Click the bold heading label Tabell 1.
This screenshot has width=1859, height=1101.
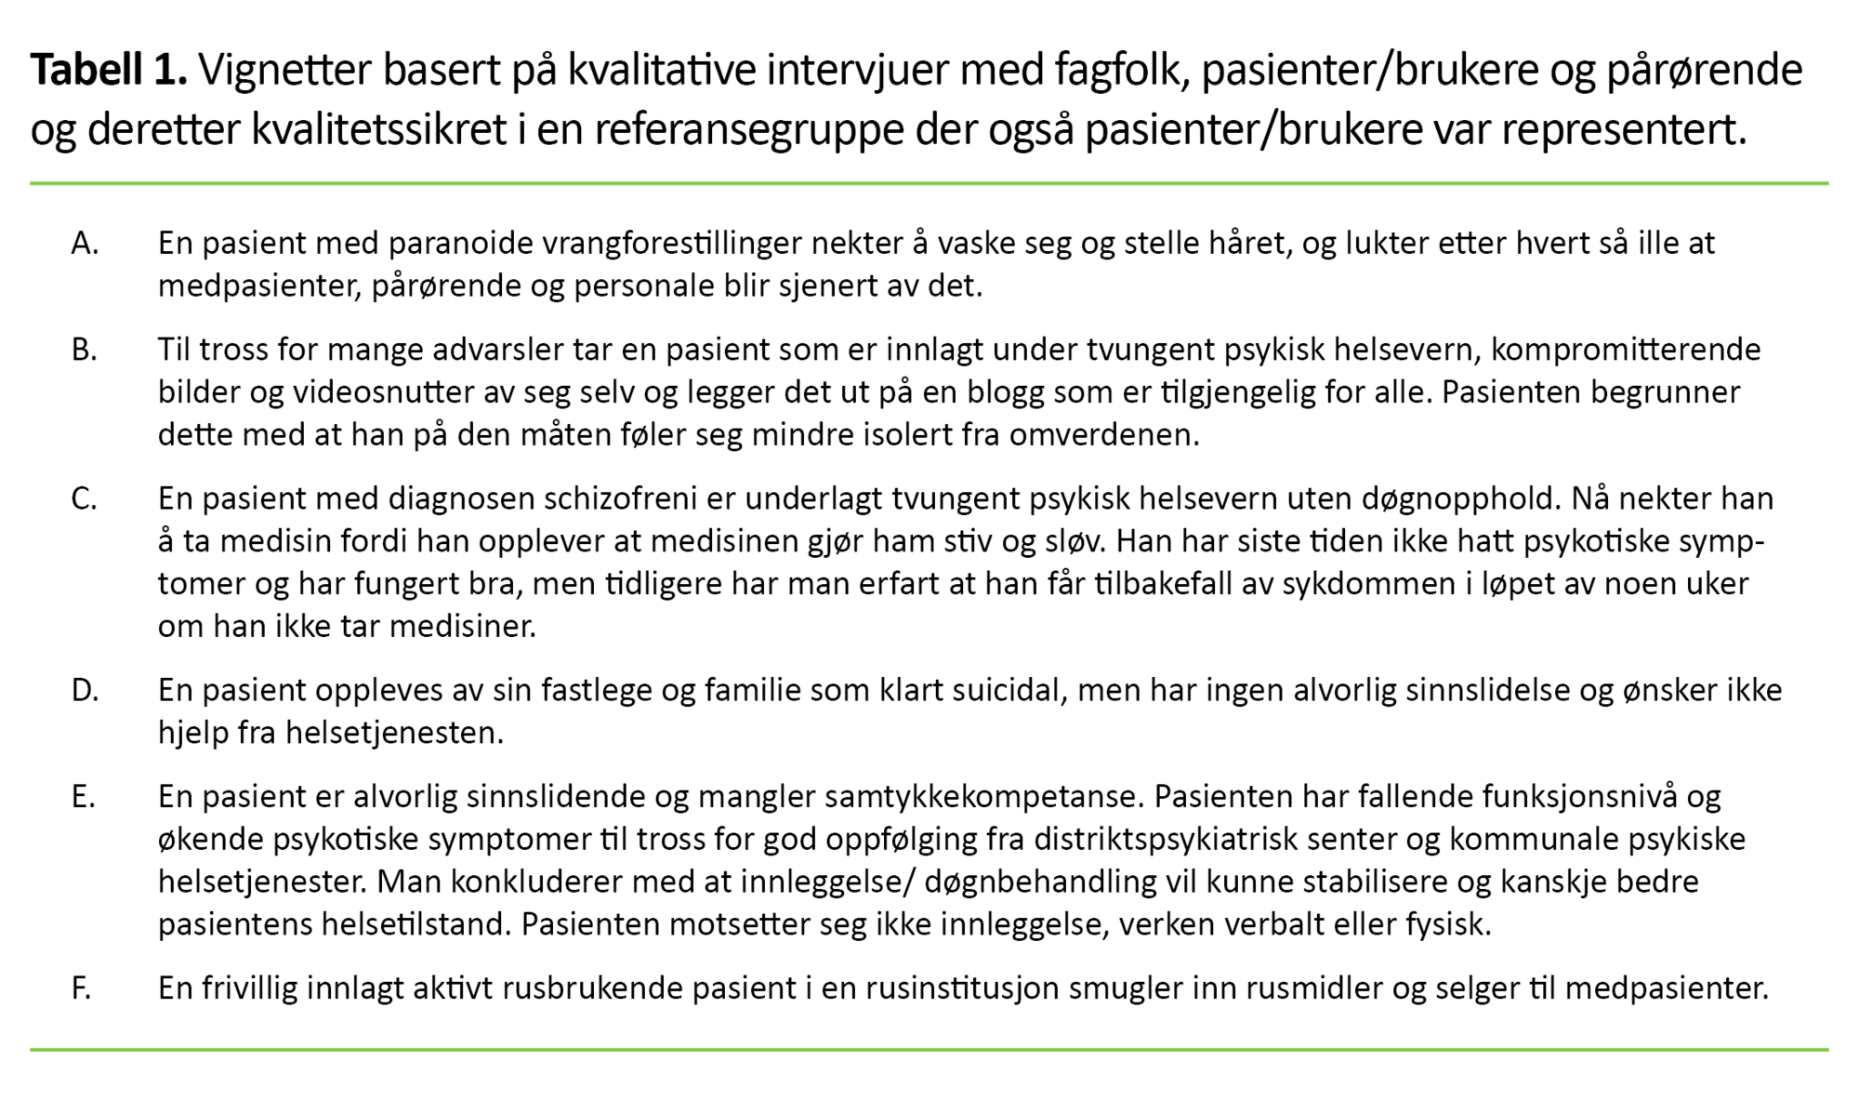(x=109, y=71)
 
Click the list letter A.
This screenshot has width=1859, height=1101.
(x=85, y=244)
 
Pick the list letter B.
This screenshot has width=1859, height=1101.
(x=84, y=351)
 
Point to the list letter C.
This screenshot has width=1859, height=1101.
(x=84, y=499)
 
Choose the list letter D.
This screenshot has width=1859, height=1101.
(x=85, y=691)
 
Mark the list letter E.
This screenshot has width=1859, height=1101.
(x=83, y=797)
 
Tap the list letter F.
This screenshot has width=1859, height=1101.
(x=81, y=988)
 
